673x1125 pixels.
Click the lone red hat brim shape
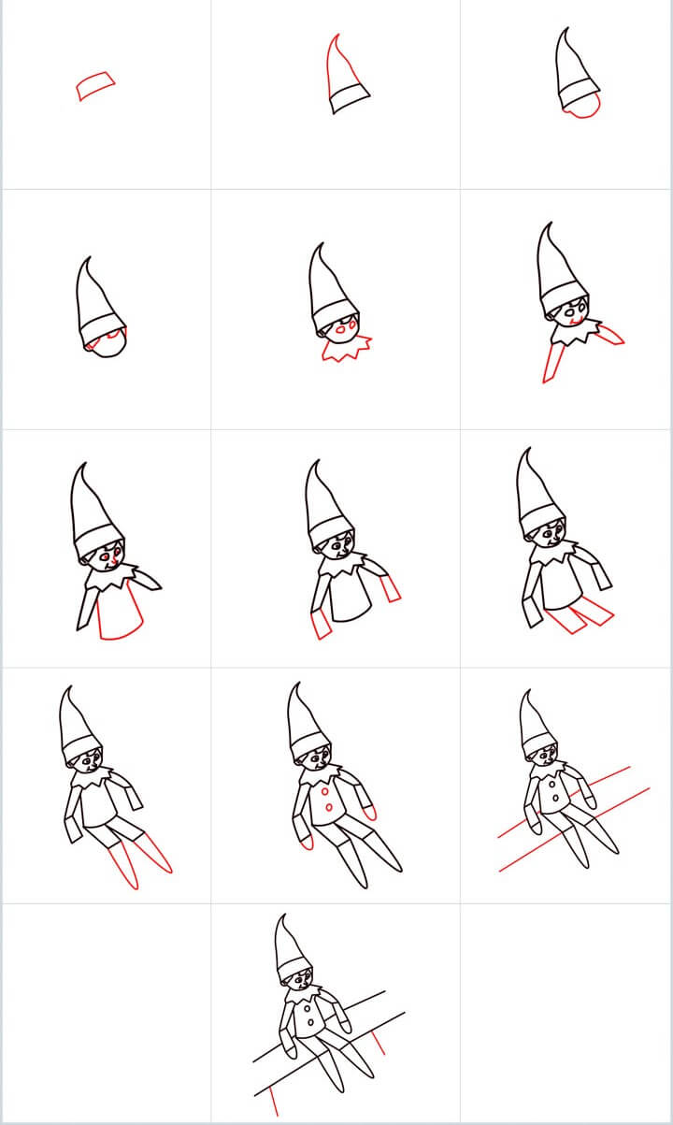coord(96,86)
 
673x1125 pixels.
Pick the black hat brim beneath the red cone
coord(350,96)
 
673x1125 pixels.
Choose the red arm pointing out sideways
coord(609,333)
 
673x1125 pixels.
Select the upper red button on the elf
coord(325,788)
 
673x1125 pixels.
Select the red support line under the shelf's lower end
coord(271,1101)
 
